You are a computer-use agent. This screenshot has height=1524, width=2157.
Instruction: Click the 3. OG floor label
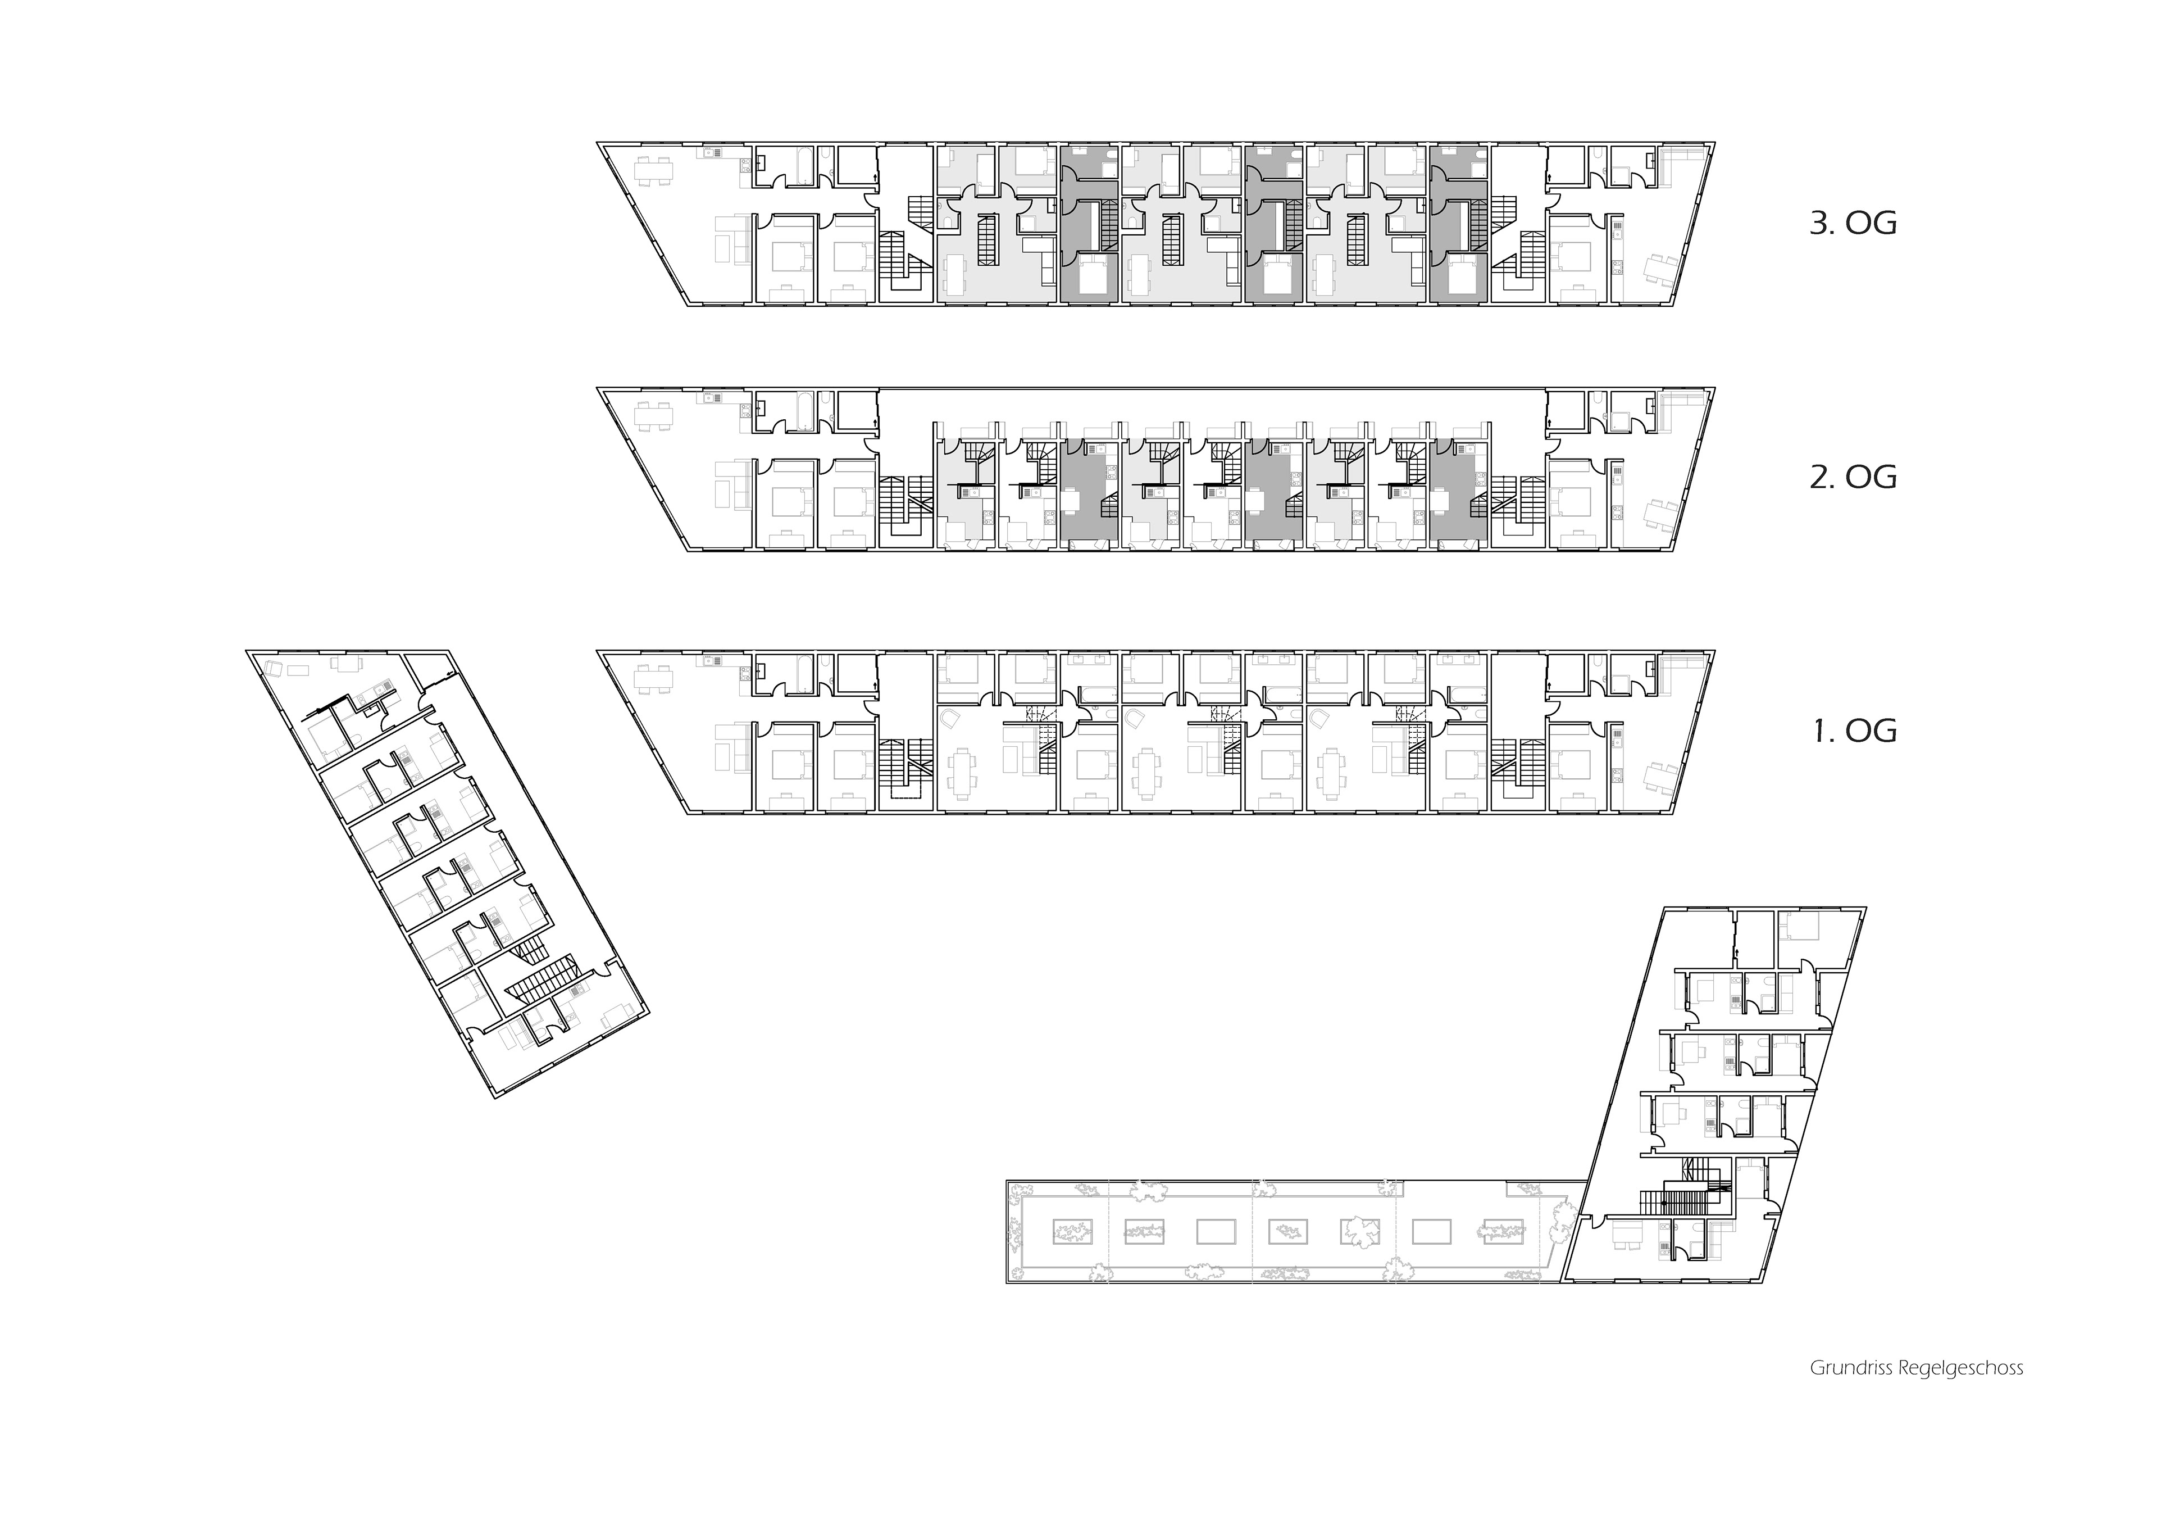click(x=1853, y=224)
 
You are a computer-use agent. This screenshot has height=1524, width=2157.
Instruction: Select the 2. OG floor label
click(x=1853, y=477)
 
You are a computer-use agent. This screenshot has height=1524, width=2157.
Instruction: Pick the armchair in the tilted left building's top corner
click(x=274, y=669)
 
